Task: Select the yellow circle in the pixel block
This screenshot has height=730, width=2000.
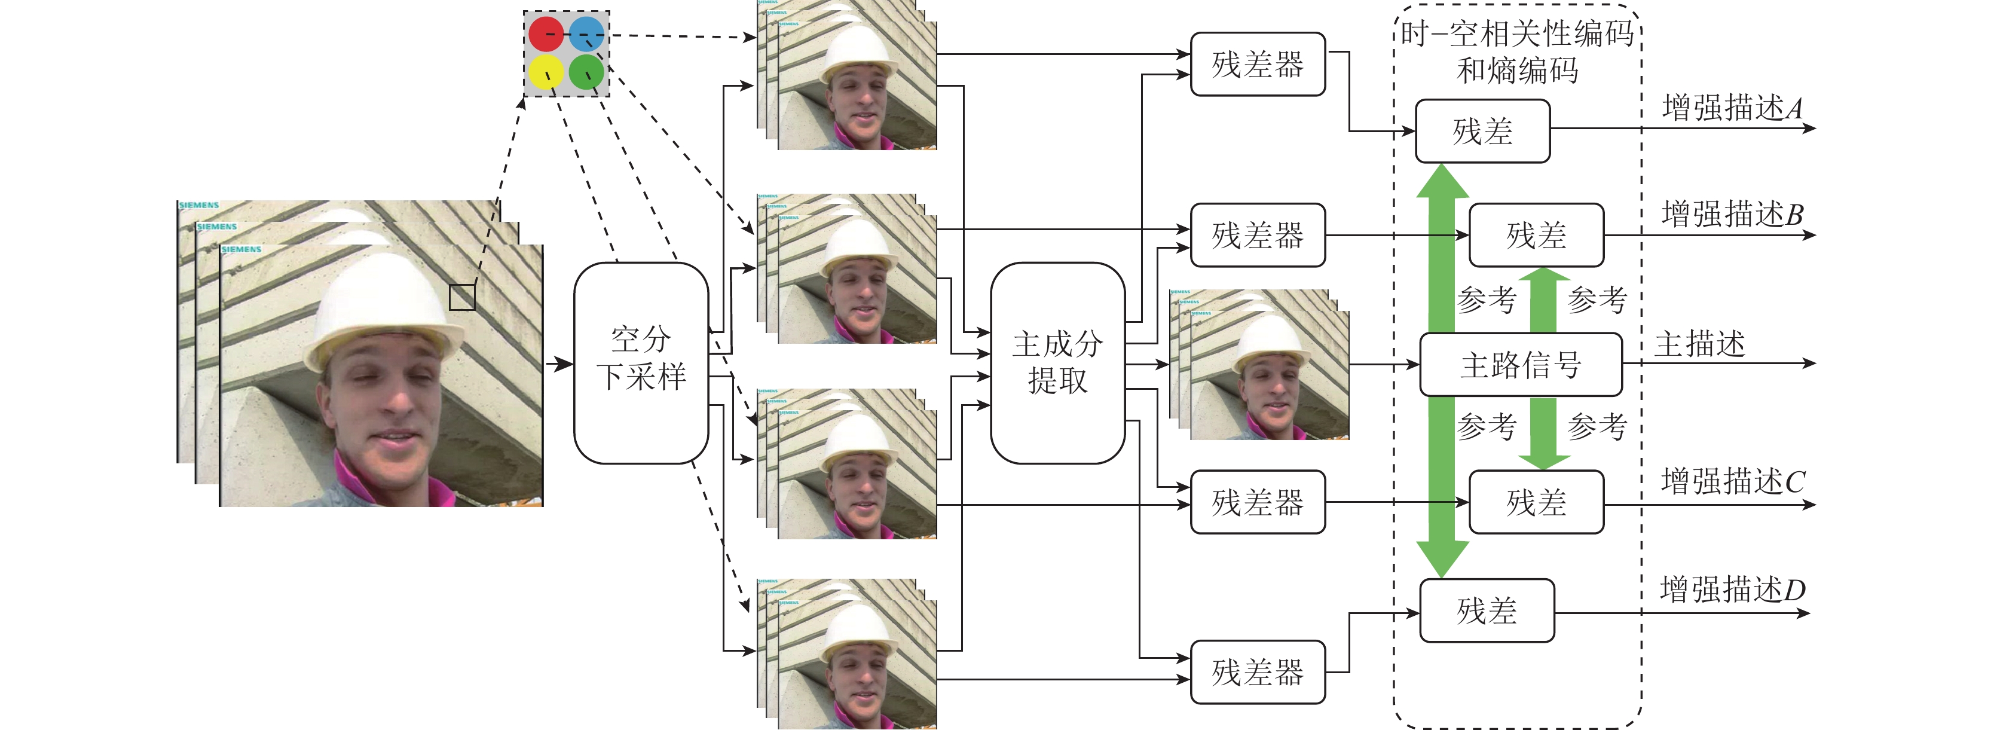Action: point(546,73)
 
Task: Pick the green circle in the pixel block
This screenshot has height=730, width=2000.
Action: point(586,73)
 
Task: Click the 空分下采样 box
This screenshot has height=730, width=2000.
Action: point(641,363)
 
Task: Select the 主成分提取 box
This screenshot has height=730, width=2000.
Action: point(1057,363)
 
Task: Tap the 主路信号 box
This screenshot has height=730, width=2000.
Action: point(1520,364)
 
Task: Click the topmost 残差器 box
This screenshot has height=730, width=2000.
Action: point(1258,65)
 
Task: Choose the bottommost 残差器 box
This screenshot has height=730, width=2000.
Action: point(1258,673)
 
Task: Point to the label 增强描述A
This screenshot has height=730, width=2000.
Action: point(1732,108)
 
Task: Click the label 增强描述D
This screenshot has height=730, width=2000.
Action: point(1732,590)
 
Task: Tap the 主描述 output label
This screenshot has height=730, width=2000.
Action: point(1699,343)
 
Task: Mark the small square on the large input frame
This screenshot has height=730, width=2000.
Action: point(462,297)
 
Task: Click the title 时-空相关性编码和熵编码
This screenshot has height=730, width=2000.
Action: point(1518,52)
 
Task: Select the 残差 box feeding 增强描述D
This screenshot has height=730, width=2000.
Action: point(1486,611)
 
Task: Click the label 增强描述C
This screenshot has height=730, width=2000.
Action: point(1732,481)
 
